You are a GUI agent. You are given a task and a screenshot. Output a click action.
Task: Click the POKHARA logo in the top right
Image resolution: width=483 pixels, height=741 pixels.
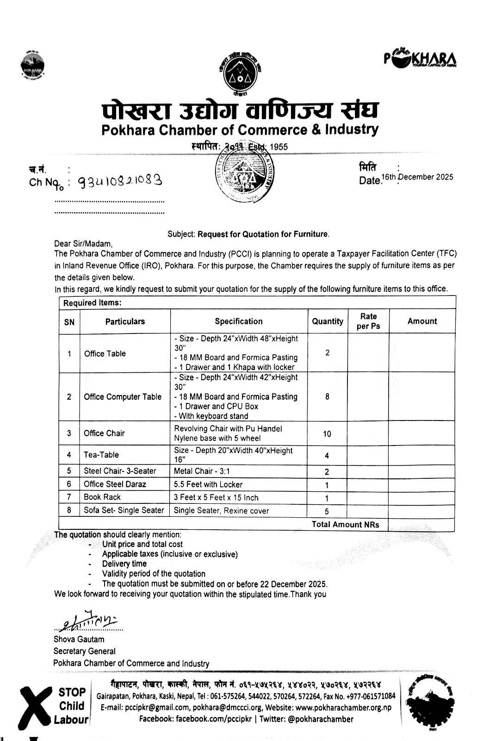pos(420,59)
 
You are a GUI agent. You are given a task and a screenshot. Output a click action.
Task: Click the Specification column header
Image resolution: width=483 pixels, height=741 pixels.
pos(238,321)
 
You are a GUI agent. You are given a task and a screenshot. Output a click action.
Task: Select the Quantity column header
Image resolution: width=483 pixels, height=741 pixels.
pos(328,321)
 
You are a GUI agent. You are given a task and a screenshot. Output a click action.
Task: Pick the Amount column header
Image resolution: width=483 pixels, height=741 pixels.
pos(422,321)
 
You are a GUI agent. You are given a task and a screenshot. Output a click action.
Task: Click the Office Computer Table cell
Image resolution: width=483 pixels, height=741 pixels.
pos(123,397)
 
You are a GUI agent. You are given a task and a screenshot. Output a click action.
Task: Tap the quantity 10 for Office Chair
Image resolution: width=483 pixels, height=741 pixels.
pos(327,434)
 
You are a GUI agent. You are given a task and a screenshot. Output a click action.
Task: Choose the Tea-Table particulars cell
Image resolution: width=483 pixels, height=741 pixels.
pos(101,455)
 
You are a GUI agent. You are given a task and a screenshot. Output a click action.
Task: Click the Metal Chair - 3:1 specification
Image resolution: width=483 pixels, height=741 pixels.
pos(202,471)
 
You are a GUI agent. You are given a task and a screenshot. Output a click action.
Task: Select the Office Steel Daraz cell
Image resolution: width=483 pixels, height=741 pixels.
pos(115,484)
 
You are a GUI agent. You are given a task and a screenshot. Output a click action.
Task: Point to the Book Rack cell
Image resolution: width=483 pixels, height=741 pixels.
pos(102,497)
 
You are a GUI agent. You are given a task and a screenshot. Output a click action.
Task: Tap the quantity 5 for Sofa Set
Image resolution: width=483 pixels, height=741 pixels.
pos(327,511)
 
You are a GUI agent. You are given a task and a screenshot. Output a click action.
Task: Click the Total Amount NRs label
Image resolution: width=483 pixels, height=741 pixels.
pos(345,524)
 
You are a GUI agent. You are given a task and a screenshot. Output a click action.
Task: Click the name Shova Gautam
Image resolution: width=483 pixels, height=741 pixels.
pos(79,640)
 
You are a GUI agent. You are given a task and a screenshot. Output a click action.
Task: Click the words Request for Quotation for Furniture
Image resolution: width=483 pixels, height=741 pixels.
pos(263,234)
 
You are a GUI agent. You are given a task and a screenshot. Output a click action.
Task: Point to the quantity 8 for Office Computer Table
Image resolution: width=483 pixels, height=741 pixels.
pos(327,397)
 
